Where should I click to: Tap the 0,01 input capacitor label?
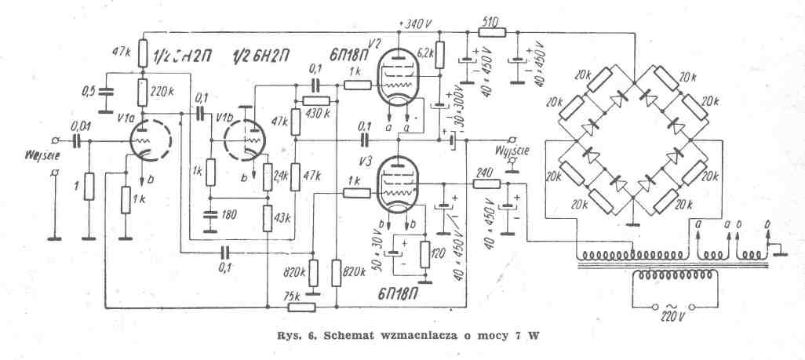(x=81, y=125)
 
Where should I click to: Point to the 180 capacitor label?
(x=228, y=215)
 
